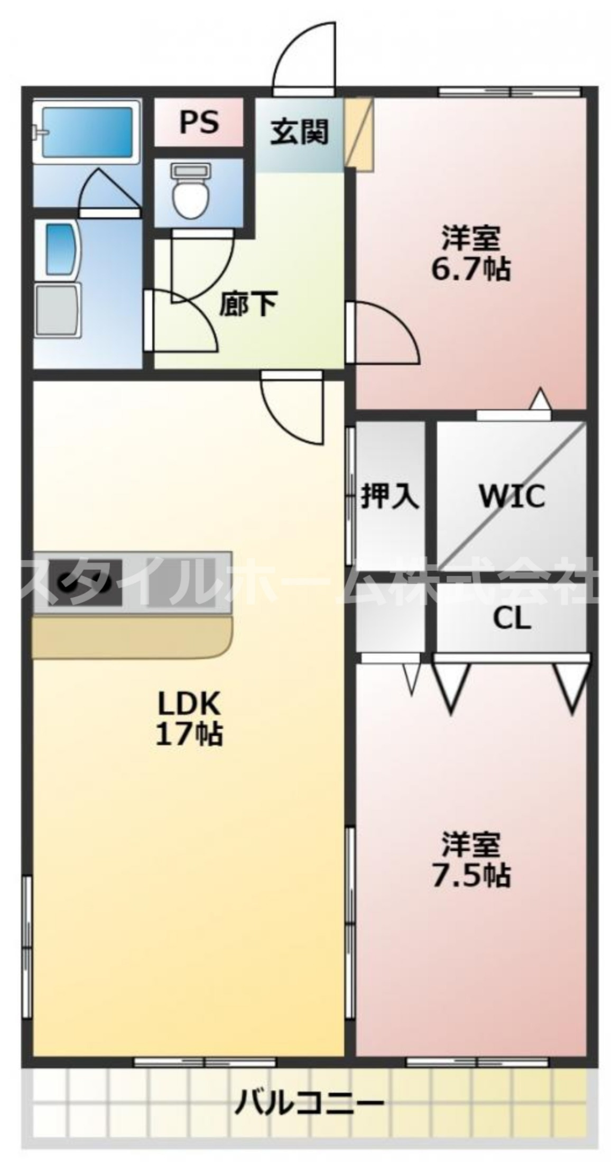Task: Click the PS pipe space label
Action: [x=199, y=122]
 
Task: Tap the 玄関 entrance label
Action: [x=299, y=132]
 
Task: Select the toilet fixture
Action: [x=191, y=192]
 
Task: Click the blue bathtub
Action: [x=87, y=132]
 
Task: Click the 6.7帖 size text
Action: [x=470, y=269]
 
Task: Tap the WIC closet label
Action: [x=511, y=496]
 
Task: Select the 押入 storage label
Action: [x=390, y=496]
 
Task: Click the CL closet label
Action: [x=511, y=618]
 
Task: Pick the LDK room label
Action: [x=188, y=703]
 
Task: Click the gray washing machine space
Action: [x=58, y=309]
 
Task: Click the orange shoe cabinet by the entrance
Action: [x=359, y=133]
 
